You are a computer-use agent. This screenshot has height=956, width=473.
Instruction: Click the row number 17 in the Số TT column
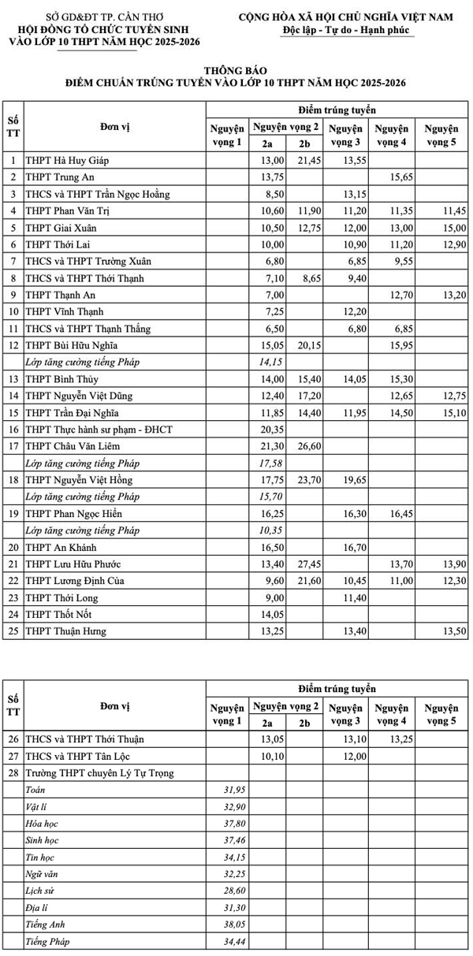pyautogui.click(x=13, y=446)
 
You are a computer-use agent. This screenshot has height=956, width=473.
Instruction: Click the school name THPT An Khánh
pyautogui.click(x=61, y=547)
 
